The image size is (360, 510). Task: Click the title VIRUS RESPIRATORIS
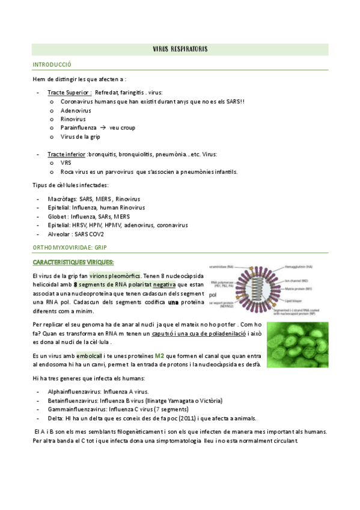pyautogui.click(x=180, y=48)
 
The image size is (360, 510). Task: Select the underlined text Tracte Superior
pyautogui.click(x=69, y=93)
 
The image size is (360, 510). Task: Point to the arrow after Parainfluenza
pyautogui.click(x=103, y=128)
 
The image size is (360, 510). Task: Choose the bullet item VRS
pyautogui.click(x=66, y=163)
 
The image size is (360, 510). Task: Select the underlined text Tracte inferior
pyautogui.click(x=66, y=154)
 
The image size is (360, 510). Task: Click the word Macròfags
pyautogui.click(x=62, y=198)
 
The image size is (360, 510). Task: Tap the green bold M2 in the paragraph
pyautogui.click(x=159, y=355)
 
